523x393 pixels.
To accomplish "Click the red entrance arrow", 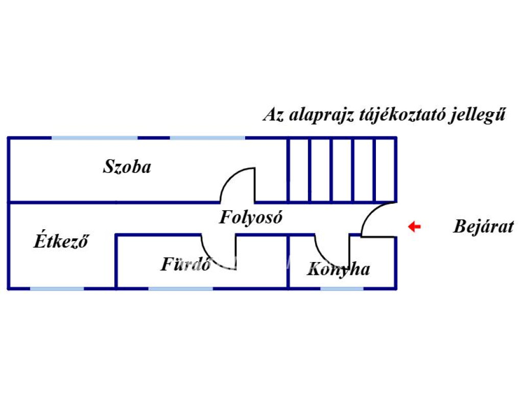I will click(x=414, y=227).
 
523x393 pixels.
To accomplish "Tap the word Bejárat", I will click(x=483, y=227).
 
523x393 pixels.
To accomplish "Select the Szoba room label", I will click(x=127, y=167).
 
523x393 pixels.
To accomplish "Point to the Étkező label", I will click(x=61, y=241).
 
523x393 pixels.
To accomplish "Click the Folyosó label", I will click(x=251, y=217).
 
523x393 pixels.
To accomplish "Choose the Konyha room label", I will click(x=338, y=269).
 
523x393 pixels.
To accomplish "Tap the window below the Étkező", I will click(x=57, y=289).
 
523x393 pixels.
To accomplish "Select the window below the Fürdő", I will click(x=180, y=289).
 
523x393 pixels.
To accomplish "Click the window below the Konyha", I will click(x=342, y=289).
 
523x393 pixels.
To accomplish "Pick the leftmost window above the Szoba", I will click(x=94, y=138).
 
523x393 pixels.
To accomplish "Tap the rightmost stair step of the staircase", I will click(x=386, y=170).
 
